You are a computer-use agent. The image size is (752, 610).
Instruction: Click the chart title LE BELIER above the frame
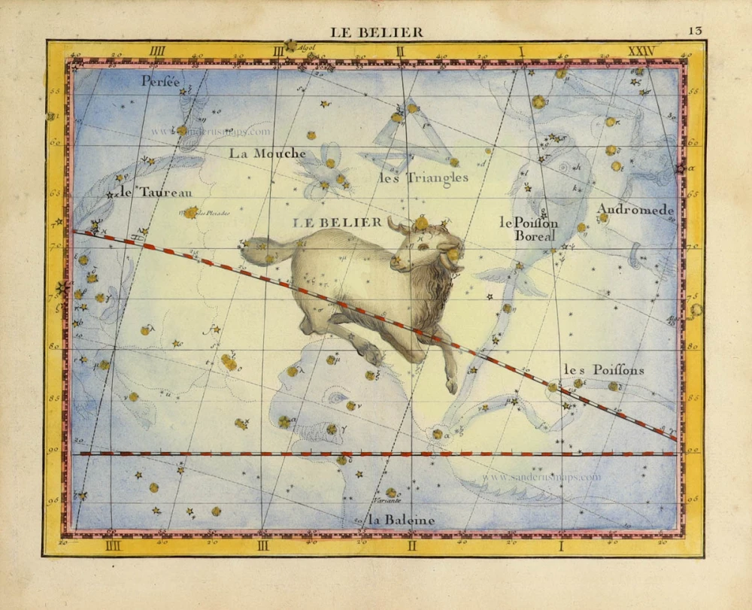point(377,32)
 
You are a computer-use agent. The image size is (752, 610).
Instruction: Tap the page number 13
point(694,31)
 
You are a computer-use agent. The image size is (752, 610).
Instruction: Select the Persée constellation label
point(160,82)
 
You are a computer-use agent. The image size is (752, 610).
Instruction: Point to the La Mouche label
point(268,153)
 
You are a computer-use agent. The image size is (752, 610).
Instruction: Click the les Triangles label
point(423,178)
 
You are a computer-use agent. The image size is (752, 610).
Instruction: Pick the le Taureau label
point(156,192)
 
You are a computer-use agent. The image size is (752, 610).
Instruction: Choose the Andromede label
point(635,211)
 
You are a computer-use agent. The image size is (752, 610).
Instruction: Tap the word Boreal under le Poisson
point(535,235)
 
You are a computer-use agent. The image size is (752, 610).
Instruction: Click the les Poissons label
point(603,370)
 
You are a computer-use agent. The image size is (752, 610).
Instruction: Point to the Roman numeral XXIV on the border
point(641,51)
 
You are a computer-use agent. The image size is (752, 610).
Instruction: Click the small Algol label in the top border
point(306,47)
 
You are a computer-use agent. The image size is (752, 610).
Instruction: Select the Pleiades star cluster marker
point(191,213)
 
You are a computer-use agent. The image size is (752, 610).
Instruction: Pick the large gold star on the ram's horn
point(422,223)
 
